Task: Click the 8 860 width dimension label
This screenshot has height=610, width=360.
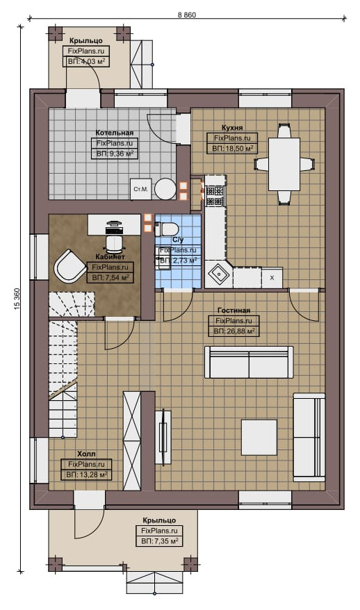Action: tap(187, 15)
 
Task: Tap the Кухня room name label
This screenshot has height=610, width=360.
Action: tap(232, 128)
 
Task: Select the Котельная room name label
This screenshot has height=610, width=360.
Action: tap(115, 133)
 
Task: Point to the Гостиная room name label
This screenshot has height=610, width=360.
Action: tap(234, 311)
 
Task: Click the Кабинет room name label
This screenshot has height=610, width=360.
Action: tap(110, 257)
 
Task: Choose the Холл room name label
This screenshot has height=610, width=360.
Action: tap(86, 454)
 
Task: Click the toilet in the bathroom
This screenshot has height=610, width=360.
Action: tap(166, 229)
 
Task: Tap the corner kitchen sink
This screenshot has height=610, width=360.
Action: tap(219, 274)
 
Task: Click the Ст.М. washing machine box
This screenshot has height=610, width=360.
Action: tap(141, 190)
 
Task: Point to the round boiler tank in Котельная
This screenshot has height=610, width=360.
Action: tap(165, 189)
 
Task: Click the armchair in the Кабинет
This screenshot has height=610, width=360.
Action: tap(69, 266)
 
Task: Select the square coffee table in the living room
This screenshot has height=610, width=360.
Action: tap(259, 437)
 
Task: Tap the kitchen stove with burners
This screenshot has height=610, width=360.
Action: tap(215, 196)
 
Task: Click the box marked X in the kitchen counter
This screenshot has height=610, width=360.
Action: tap(272, 278)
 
